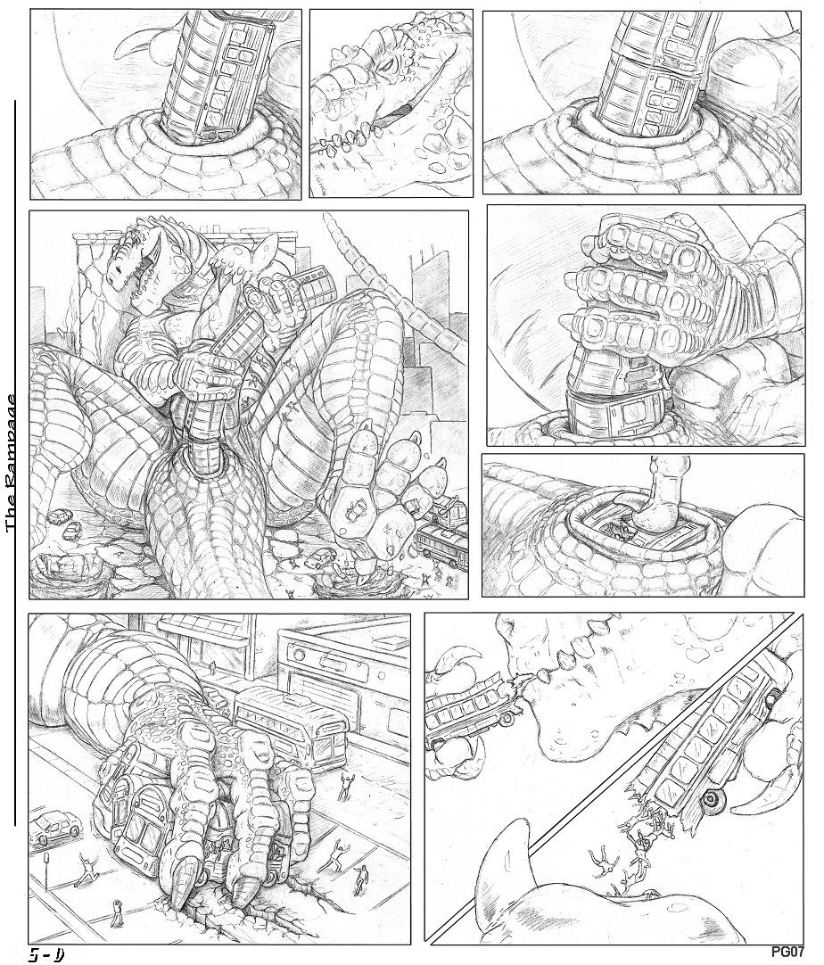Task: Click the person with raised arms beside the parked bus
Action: coord(346,784)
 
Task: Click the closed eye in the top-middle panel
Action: coord(391,62)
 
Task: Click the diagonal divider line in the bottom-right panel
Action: coord(606,785)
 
